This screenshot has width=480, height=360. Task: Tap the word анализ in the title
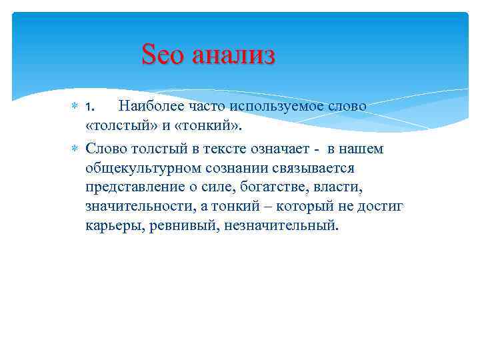(233, 55)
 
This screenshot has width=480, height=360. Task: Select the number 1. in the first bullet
(92, 107)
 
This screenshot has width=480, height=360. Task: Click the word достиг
(381, 207)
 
